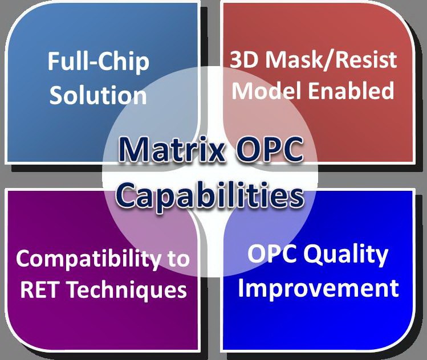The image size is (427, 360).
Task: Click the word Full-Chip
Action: point(98,62)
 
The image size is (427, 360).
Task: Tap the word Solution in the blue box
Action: point(98,95)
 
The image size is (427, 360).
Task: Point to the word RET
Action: point(39,290)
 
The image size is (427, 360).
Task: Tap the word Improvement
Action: point(318,288)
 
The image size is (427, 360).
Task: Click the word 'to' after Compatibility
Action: point(177,260)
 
